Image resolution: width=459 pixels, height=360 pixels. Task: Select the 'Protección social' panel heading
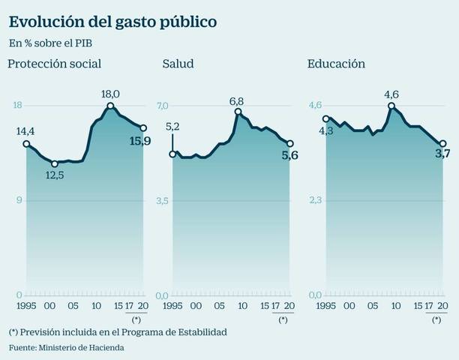[x=54, y=64]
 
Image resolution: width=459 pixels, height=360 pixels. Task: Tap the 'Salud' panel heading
[x=178, y=64]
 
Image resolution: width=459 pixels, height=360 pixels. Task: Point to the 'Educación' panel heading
[x=336, y=64]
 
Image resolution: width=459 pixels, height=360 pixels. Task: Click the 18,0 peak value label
[x=110, y=93]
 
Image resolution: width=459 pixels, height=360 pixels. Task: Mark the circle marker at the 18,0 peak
[x=110, y=106]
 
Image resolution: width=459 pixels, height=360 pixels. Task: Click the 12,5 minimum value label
[x=55, y=176]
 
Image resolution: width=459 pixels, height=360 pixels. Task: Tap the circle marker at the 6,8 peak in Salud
[x=238, y=112]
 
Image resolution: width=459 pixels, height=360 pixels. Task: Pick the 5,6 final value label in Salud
[x=290, y=156]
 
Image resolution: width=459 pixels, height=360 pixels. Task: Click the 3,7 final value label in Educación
[x=442, y=154]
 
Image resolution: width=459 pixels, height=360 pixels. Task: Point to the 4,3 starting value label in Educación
[x=326, y=130]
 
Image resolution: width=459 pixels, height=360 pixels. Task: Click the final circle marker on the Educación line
[x=442, y=143]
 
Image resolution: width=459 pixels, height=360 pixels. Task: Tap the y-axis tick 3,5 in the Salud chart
[x=163, y=200]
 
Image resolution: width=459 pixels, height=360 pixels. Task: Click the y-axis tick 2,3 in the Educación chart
[x=316, y=200]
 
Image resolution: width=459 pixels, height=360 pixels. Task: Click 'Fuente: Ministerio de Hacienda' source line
[x=66, y=347]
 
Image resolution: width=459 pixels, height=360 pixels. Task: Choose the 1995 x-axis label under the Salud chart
[x=172, y=307]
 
